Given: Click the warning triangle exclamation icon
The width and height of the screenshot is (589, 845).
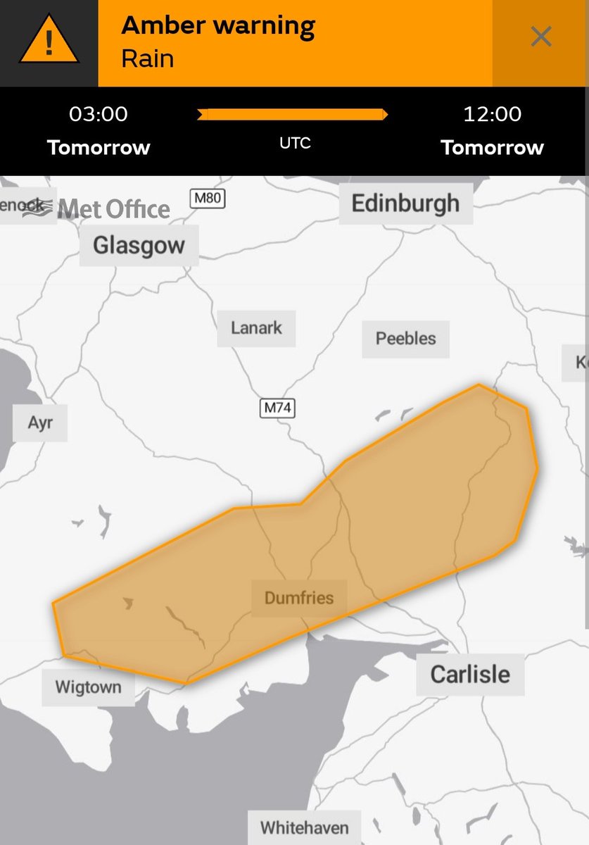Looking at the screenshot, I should coord(48,43).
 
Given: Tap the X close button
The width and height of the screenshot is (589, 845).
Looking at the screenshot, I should coord(540,37).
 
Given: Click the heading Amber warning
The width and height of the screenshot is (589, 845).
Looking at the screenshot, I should coord(218,26).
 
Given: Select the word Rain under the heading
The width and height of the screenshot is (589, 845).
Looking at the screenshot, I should coord(147,58).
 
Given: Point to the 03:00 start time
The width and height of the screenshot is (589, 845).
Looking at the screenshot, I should coord(98,113).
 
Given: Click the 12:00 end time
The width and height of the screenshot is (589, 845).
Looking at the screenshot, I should coord(492,113).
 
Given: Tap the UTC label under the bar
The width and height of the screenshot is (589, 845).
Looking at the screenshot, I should coord(294,143).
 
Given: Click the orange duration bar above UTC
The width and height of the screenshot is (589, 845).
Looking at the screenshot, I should coord(293,115).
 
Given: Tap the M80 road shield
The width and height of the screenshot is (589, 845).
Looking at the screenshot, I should coord(208,199).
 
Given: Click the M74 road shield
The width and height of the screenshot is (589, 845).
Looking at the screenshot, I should coord(277,407).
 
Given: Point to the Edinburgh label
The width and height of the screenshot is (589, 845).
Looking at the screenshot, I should coord(405,204).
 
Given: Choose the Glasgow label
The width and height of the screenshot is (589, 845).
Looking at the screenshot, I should coord(139,246).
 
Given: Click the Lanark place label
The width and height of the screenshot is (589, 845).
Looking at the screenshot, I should coord(256,327).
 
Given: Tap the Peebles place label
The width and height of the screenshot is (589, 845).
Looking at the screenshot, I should coord(405,338).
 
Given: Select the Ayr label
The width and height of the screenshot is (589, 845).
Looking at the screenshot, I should coord(40,423).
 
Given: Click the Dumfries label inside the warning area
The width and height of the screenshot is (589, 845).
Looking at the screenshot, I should coord(299,599).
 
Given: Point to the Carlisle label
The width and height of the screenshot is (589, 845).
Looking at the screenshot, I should coord(469,674).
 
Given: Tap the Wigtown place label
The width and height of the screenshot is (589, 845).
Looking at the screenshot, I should coord(88,687).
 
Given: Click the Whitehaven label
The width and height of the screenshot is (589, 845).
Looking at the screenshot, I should coord(304,827).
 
